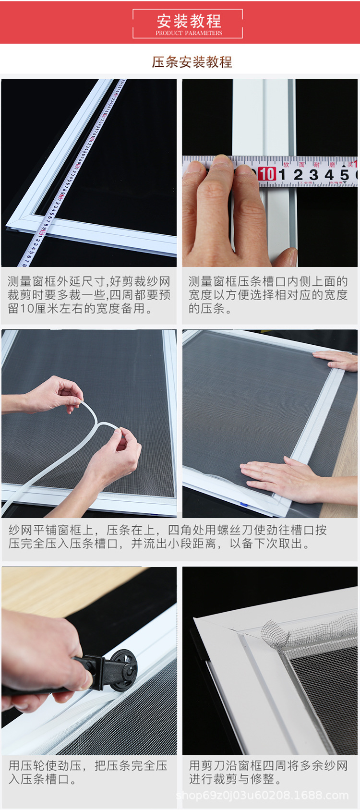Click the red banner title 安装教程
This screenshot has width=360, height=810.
189,21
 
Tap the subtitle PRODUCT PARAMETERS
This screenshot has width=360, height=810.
189,33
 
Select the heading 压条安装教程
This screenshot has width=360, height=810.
192,62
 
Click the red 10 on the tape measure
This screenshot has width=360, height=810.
267,174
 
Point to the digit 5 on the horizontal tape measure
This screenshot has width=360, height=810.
344,175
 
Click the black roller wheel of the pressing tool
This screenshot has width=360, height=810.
124,670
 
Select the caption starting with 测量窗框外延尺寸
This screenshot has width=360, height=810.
89,295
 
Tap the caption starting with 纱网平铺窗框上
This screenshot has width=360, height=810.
168,537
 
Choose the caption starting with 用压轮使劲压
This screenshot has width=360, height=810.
88,772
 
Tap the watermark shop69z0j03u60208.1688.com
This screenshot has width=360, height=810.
262,796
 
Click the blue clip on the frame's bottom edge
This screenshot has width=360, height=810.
243,505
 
